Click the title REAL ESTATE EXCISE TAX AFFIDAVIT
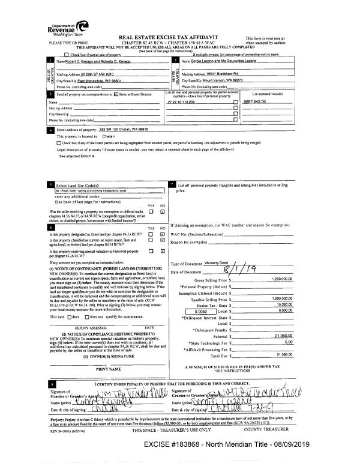tap(181, 37)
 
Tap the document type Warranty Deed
tap(220, 264)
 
